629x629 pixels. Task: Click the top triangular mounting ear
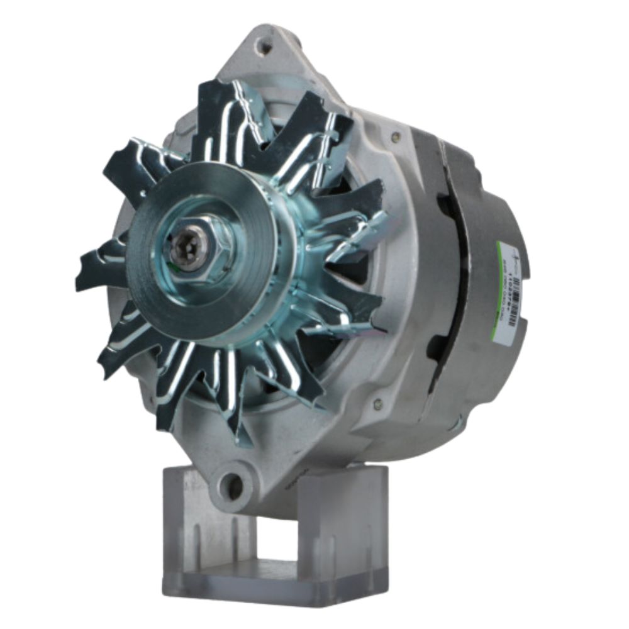[x=270, y=57]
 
